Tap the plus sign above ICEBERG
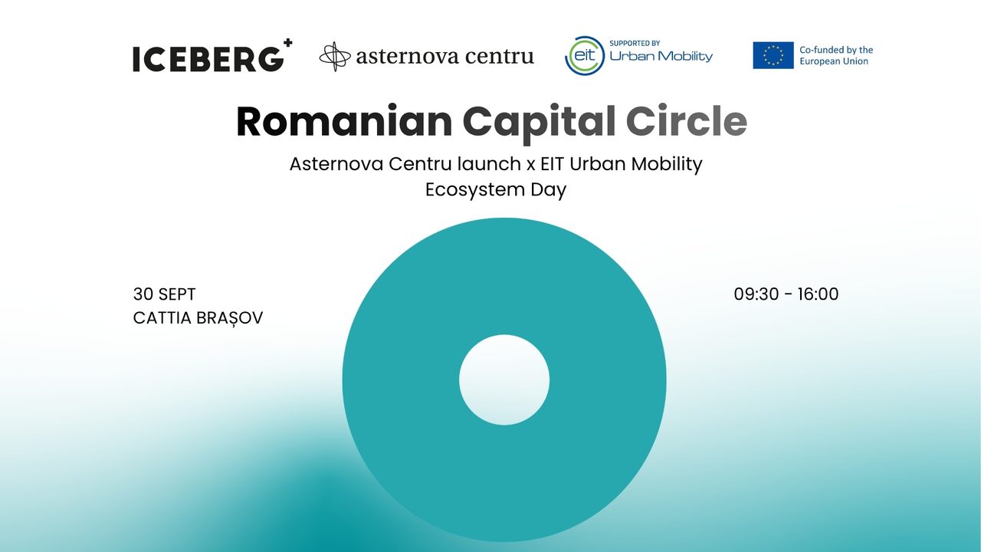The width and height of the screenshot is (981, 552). [x=287, y=43]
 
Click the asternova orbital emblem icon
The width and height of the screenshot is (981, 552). [x=335, y=57]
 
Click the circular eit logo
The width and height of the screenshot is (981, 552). [x=585, y=56]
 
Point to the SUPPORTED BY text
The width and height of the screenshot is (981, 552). [x=635, y=44]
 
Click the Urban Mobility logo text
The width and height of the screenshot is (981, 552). [x=661, y=57]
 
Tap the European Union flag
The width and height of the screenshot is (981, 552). [x=773, y=55]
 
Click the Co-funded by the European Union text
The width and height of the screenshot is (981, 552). [x=836, y=56]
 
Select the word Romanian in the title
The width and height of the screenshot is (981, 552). [x=344, y=122]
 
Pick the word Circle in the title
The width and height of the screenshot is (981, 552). [x=686, y=121]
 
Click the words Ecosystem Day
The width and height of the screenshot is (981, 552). [x=496, y=190]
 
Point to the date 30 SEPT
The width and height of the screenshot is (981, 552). [x=164, y=294]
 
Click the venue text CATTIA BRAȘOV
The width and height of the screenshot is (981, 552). [x=198, y=318]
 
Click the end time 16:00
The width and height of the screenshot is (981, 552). [x=818, y=294]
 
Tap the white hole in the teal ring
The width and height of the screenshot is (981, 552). [x=504, y=379]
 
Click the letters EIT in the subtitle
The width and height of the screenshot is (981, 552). [x=553, y=164]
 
